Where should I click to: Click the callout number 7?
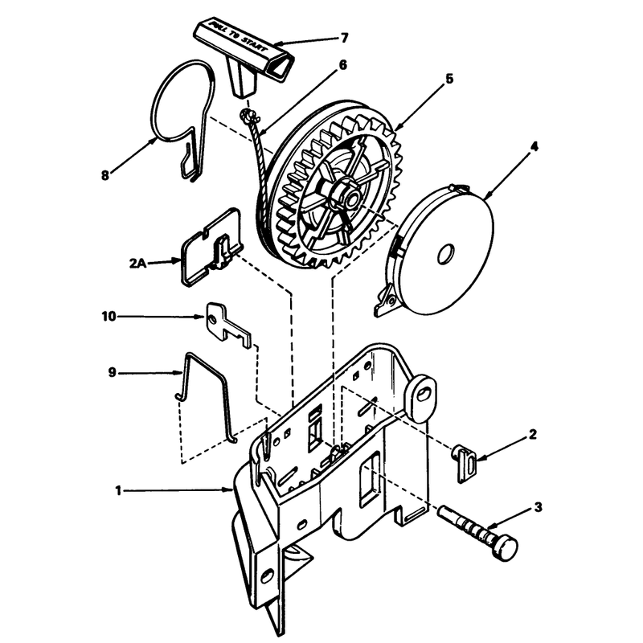click(344, 38)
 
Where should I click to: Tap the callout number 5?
click(449, 78)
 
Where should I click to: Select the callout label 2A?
click(137, 263)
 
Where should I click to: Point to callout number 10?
click(109, 316)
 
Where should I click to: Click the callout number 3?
click(539, 507)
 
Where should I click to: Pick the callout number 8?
click(105, 175)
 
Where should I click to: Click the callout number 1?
click(118, 490)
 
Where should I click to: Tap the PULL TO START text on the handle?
click(238, 35)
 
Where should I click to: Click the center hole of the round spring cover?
click(446, 255)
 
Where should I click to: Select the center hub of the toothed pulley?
click(348, 197)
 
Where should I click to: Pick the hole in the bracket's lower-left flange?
click(268, 574)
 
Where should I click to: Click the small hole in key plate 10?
click(212, 318)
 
